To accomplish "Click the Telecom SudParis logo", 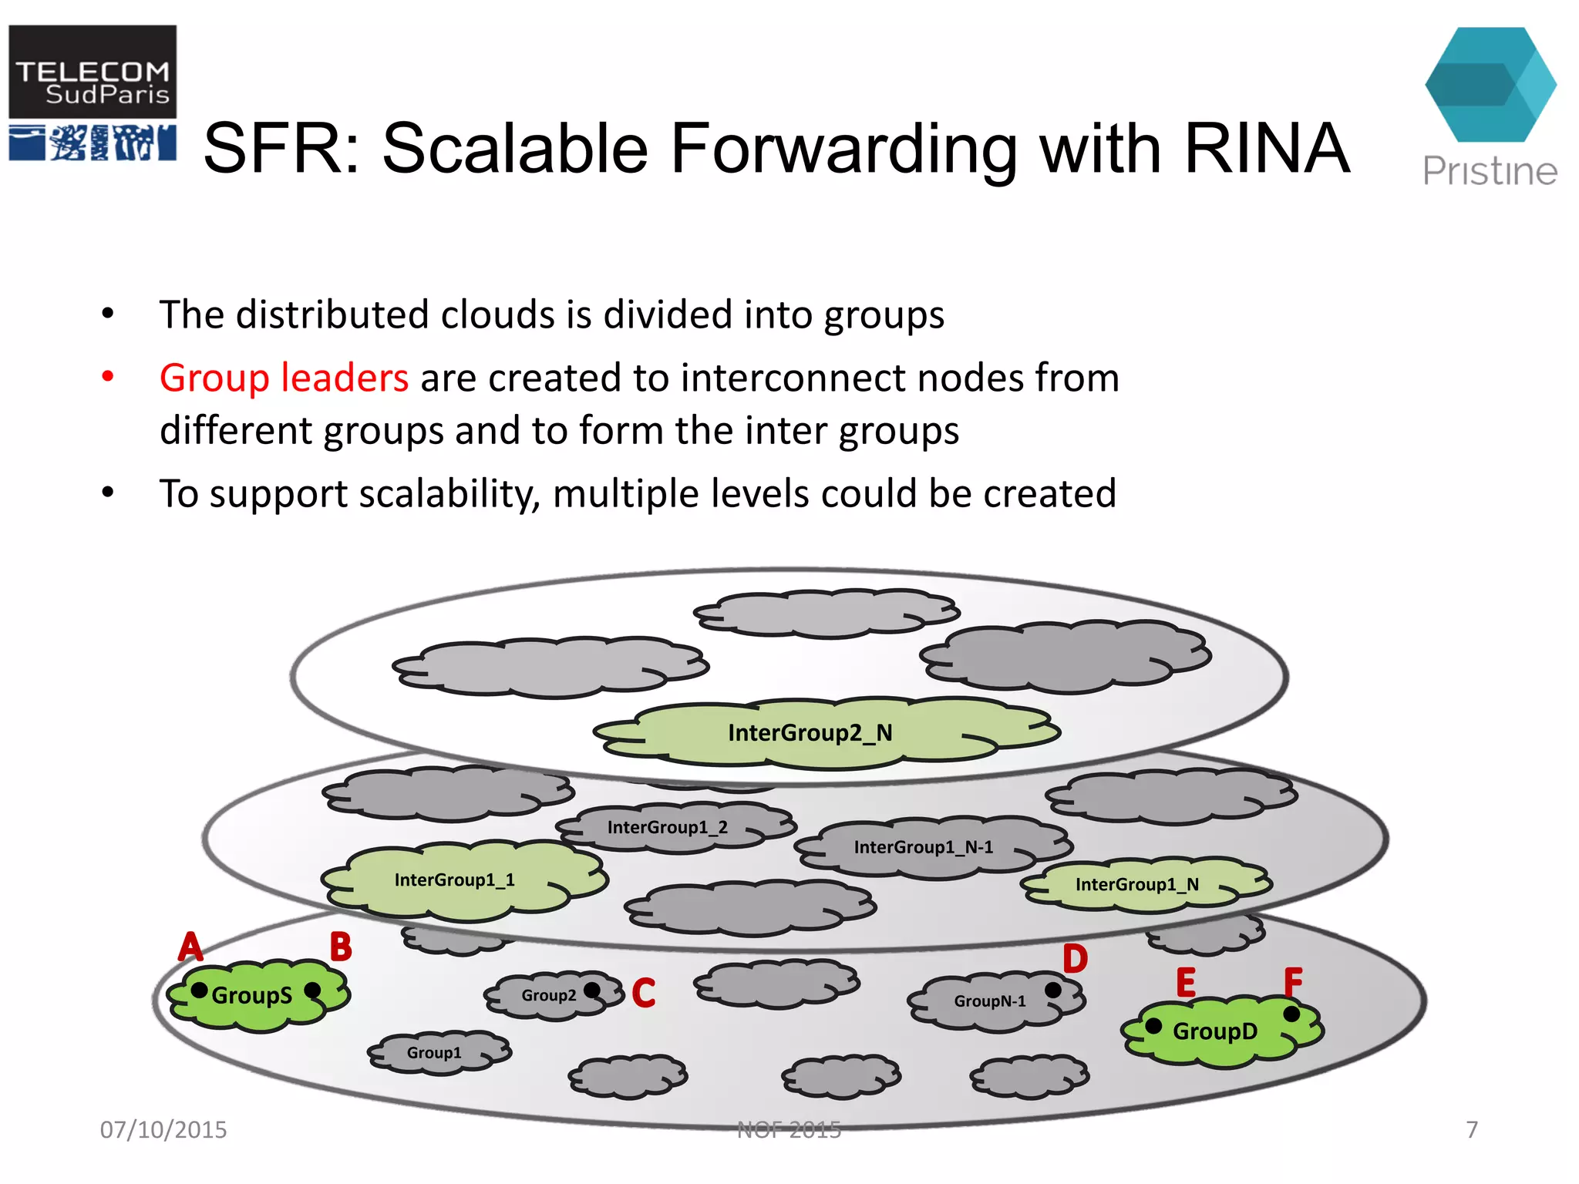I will (93, 92).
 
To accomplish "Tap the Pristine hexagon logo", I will (1490, 85).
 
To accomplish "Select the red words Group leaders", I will (284, 378).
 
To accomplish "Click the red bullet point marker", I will (108, 377).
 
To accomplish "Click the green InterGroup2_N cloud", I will (810, 732).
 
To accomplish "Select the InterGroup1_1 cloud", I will (455, 880).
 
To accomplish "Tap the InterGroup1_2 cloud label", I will (668, 828).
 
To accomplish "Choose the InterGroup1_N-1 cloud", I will (924, 847).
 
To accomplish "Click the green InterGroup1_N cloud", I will (1137, 885).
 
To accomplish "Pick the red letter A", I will (190, 947).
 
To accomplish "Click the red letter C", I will (644, 993).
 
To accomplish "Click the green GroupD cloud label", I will (1215, 1031).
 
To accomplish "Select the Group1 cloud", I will (434, 1053).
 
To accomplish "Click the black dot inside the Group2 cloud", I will (592, 990).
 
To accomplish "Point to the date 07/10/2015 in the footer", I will (163, 1130).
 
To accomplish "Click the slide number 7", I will (1472, 1130).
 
